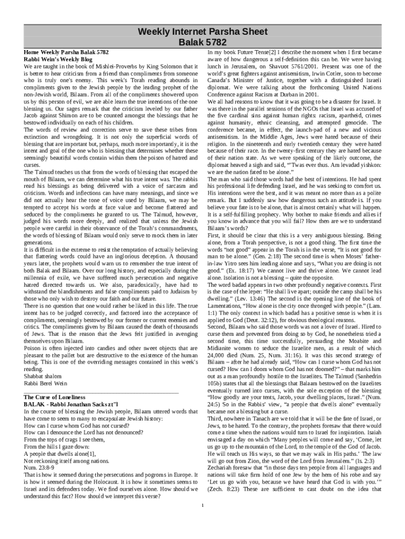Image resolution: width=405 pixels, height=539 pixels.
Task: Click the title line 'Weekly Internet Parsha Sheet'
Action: tap(202, 32)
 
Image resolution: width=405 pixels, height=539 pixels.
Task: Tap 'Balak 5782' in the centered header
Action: tap(202, 42)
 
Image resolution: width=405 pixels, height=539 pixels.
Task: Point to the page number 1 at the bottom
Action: tap(202, 506)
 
